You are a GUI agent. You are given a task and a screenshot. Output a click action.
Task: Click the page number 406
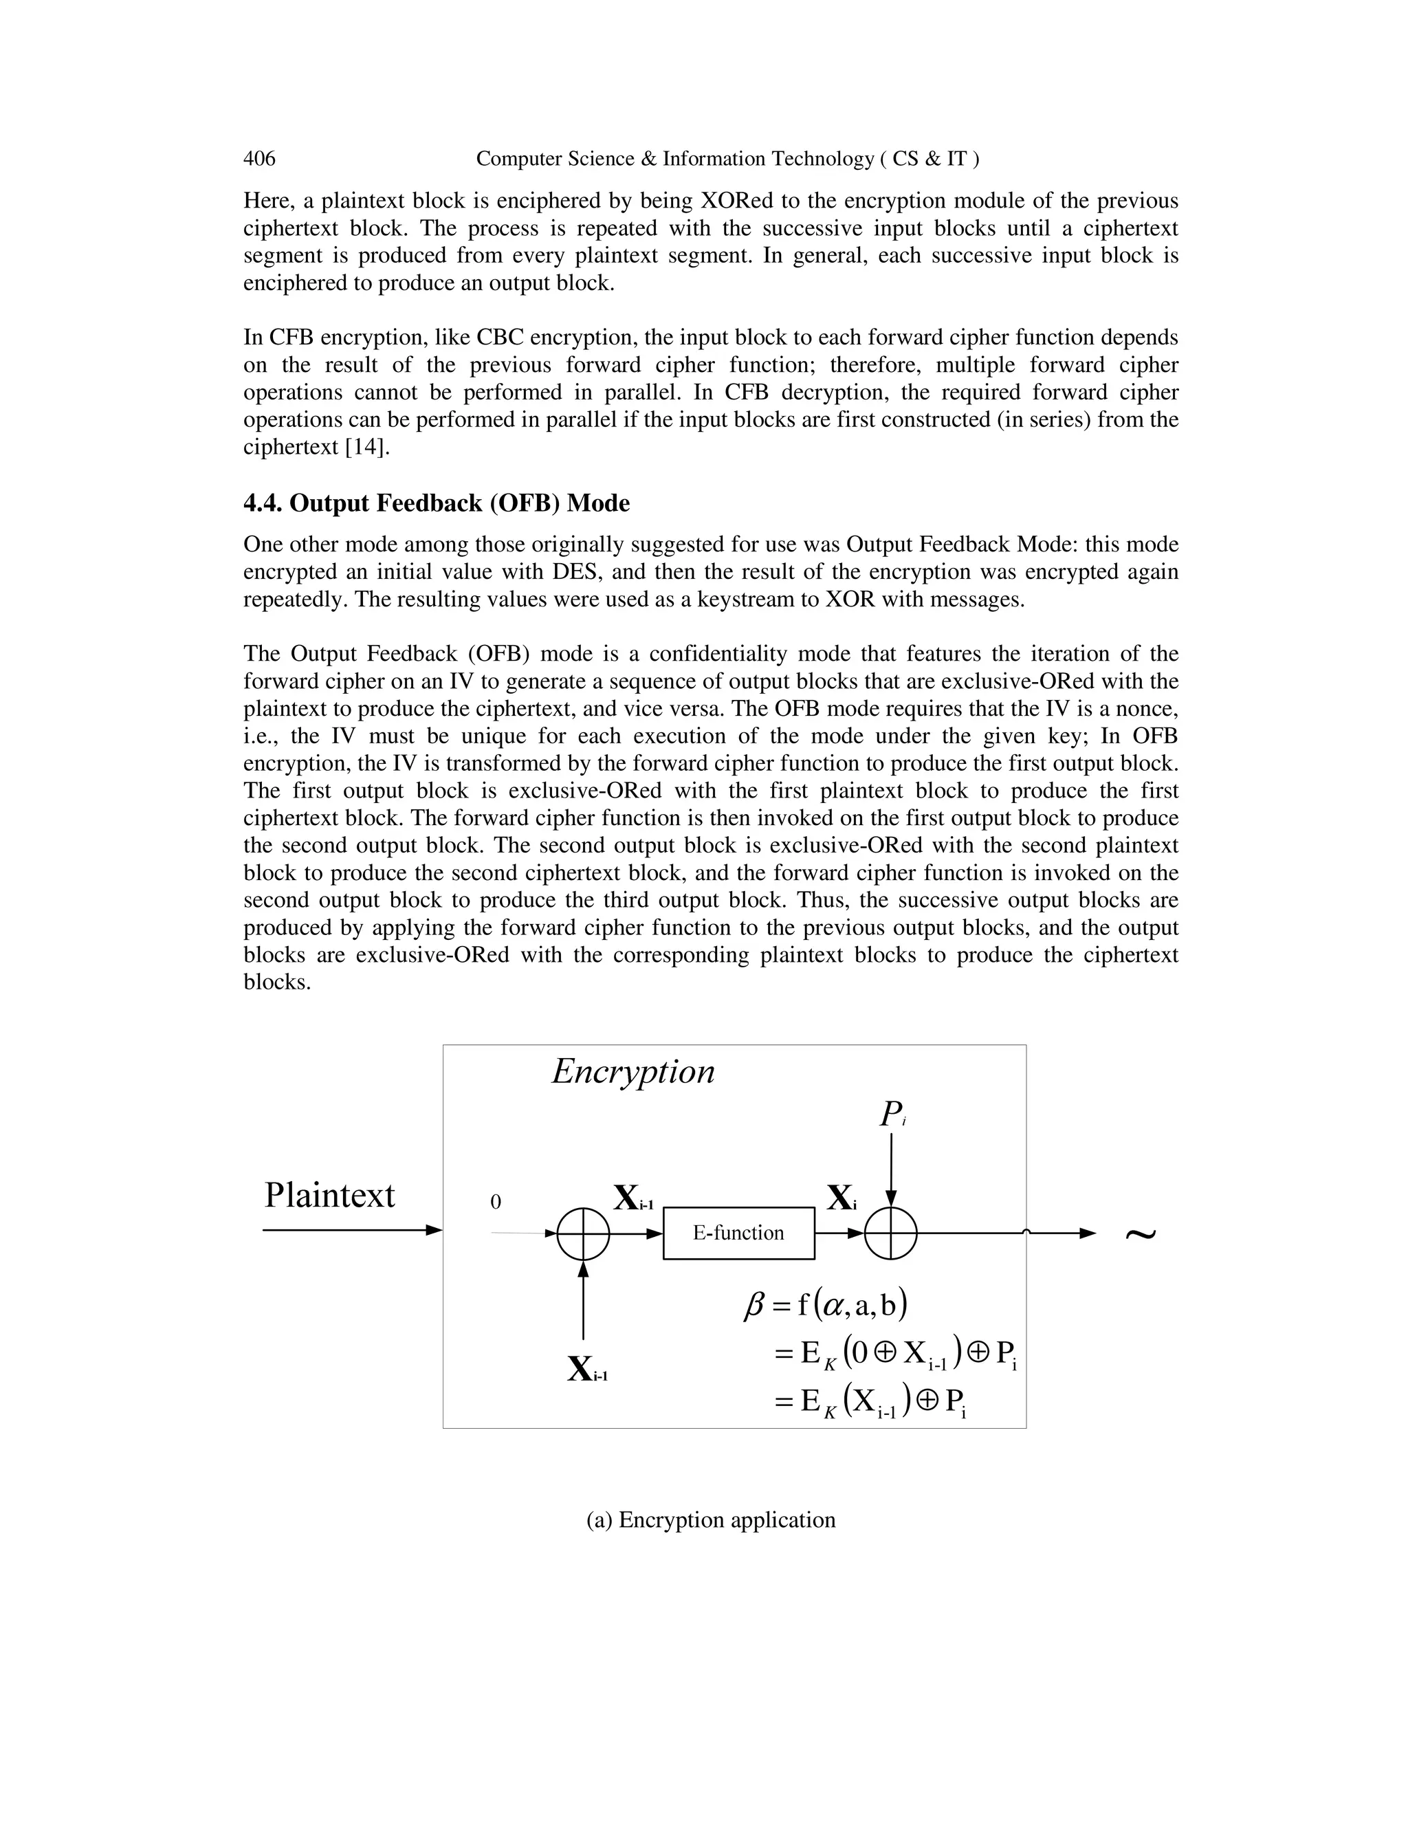pyautogui.click(x=258, y=159)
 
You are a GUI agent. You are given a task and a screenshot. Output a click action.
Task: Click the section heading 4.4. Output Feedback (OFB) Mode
pyautogui.click(x=437, y=503)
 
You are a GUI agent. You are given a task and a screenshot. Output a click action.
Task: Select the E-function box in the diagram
pyautogui.click(x=738, y=1232)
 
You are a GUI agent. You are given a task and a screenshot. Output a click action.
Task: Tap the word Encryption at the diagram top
pyautogui.click(x=633, y=1071)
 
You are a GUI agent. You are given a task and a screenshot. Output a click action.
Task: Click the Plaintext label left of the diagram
pyautogui.click(x=329, y=1195)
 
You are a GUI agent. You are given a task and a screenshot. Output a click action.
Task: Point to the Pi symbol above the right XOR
pyautogui.click(x=891, y=1114)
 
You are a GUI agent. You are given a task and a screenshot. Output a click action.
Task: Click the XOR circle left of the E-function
pyautogui.click(x=583, y=1233)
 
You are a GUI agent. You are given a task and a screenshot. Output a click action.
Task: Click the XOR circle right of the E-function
pyautogui.click(x=891, y=1233)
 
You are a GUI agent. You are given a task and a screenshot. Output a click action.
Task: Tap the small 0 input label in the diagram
pyautogui.click(x=496, y=1202)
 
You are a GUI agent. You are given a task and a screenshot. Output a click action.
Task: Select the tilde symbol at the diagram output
pyautogui.click(x=1141, y=1235)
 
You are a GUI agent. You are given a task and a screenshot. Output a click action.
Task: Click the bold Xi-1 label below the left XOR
pyautogui.click(x=587, y=1369)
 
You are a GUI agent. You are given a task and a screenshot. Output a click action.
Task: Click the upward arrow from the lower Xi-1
pyautogui.click(x=583, y=1302)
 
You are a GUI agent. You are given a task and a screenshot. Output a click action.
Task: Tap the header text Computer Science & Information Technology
pyautogui.click(x=727, y=159)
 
